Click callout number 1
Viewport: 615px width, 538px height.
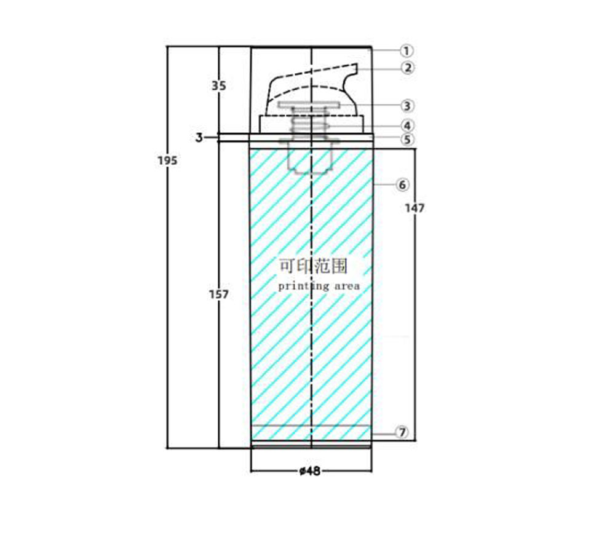click(407, 50)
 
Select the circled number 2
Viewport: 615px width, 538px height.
click(408, 68)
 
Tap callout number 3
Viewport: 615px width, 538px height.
click(407, 106)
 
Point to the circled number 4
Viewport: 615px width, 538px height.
click(407, 126)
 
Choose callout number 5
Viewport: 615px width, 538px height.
click(407, 139)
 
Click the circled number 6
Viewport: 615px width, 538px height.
click(402, 184)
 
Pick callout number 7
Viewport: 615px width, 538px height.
click(402, 432)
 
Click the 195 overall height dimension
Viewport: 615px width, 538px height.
click(167, 160)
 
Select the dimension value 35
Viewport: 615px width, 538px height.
click(219, 85)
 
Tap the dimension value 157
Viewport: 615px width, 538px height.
click(218, 294)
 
